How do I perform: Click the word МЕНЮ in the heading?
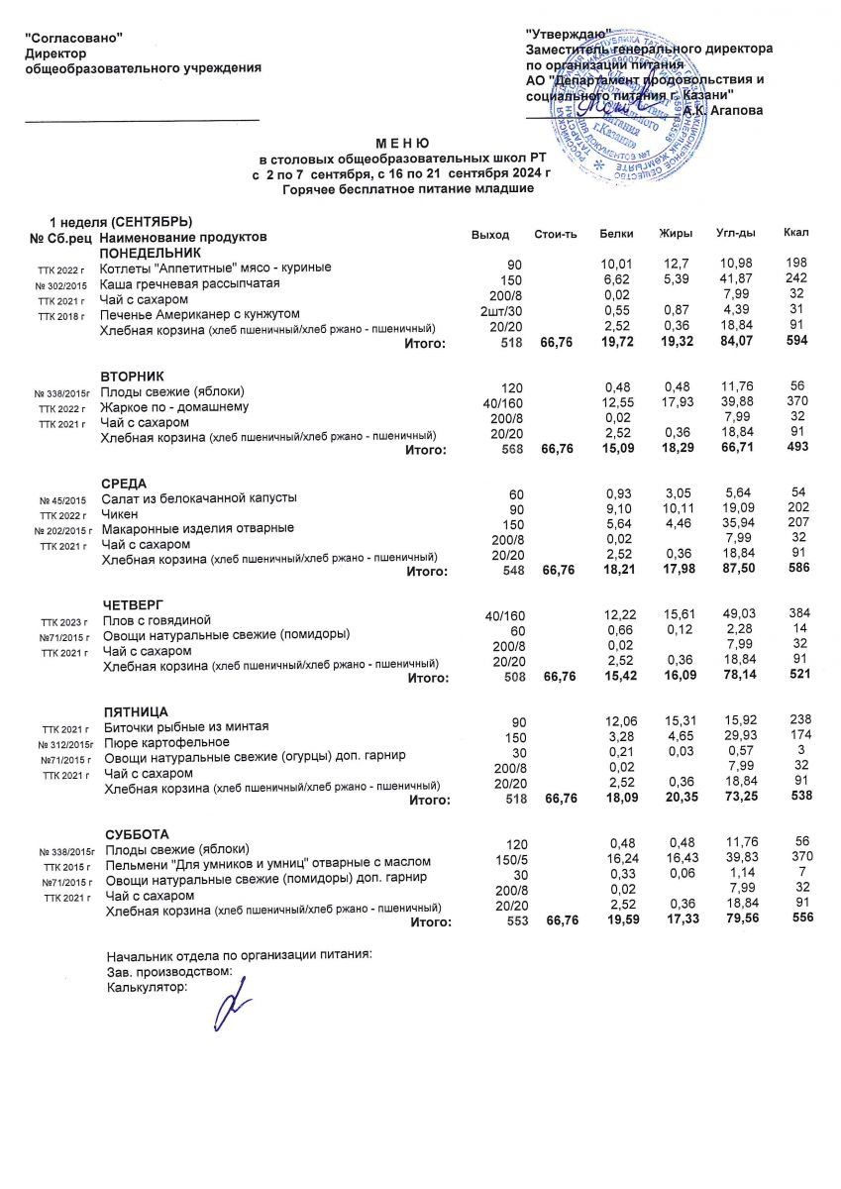(401, 144)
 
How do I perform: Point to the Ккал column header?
(795, 233)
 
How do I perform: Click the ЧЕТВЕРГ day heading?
(134, 604)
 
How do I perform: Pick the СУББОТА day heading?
(138, 834)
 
